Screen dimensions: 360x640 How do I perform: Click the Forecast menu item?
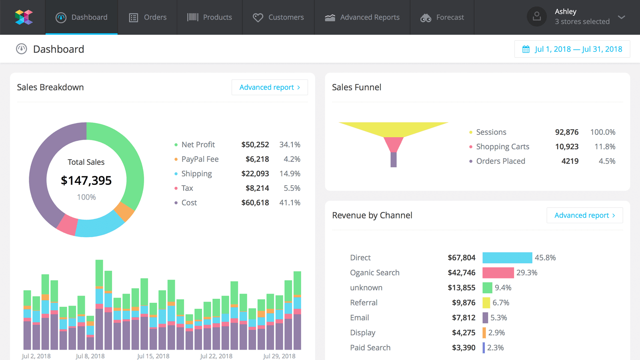[x=442, y=17]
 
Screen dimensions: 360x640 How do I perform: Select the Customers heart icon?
[x=258, y=18]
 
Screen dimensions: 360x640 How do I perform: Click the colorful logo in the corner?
[x=24, y=17]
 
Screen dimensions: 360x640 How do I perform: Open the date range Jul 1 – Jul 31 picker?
[x=572, y=49]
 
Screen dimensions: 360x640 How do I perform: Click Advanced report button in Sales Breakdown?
[x=270, y=87]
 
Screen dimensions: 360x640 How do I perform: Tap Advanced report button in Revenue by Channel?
[x=584, y=215]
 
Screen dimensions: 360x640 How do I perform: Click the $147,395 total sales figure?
[x=86, y=180]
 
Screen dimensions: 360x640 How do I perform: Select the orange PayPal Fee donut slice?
[x=124, y=212]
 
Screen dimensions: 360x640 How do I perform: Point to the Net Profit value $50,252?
[x=255, y=144]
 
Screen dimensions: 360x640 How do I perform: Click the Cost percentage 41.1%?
[x=290, y=202]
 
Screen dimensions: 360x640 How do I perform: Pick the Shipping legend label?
[x=196, y=174]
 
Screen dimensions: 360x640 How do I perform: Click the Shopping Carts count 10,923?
[x=566, y=146]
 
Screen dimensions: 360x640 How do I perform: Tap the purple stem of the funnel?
[x=394, y=160]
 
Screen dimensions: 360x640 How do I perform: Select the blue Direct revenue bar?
[x=507, y=258]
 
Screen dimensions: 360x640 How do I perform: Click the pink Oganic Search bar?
[x=498, y=273]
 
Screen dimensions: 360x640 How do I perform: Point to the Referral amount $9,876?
[x=463, y=302]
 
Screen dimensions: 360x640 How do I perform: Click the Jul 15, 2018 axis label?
[x=153, y=356]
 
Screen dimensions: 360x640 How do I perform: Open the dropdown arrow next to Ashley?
[x=621, y=17]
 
